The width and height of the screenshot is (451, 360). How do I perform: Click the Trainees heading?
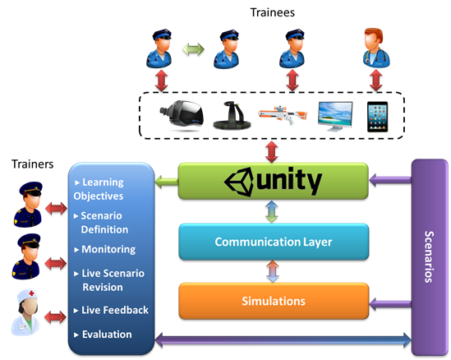[273, 12]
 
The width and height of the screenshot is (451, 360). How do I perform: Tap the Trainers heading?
[33, 164]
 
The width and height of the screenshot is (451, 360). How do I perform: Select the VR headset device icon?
[182, 116]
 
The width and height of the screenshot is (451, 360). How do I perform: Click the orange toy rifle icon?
[283, 115]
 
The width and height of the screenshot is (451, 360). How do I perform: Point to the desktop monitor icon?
[335, 116]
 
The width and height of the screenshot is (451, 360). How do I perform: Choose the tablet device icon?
[377, 117]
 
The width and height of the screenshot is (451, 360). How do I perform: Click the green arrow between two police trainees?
[193, 49]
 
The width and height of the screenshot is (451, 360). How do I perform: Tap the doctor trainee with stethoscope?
[376, 48]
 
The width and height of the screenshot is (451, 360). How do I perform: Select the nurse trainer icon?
[25, 312]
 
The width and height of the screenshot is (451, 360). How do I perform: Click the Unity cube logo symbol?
[239, 182]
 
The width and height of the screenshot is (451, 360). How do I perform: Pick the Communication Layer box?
[274, 242]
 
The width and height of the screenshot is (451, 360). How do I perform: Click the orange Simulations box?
[274, 301]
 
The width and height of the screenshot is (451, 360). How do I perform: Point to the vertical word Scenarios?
[429, 256]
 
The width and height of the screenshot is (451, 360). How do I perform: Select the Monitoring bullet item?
[105, 250]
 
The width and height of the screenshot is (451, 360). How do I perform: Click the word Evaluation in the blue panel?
[107, 335]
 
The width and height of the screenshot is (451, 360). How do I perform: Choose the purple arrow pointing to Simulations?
[390, 304]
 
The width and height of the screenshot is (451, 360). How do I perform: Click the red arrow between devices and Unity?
[272, 152]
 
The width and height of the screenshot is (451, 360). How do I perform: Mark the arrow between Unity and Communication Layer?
[272, 211]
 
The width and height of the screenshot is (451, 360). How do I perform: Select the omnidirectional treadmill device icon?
[232, 116]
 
